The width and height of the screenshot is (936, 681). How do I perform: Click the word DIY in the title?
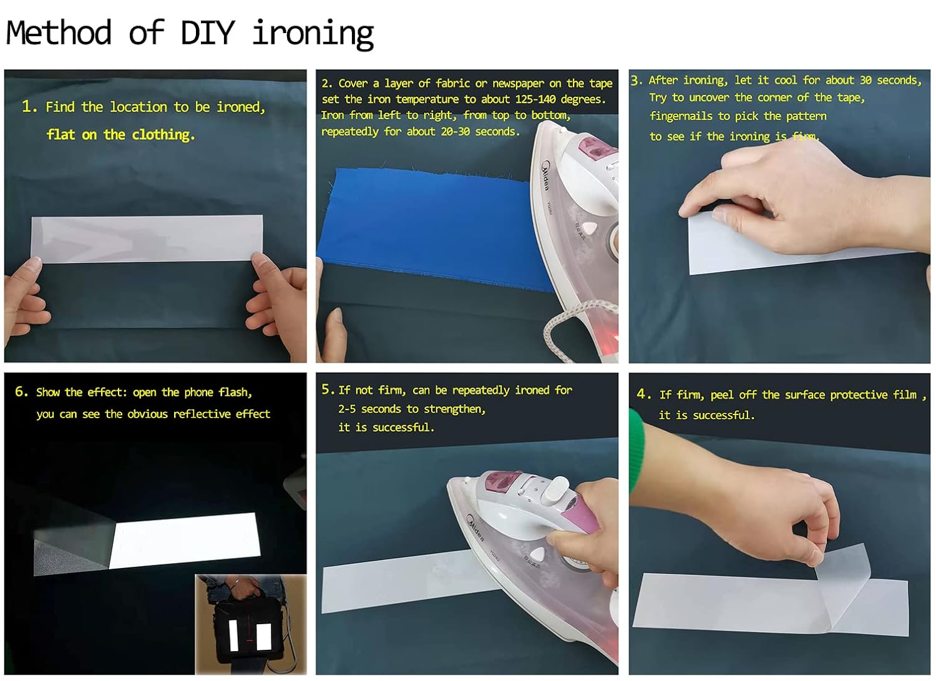click(208, 32)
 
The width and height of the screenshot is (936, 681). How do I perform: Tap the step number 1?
click(27, 106)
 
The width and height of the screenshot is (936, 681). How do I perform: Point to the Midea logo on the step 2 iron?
click(546, 175)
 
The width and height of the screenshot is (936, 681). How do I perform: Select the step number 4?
click(642, 394)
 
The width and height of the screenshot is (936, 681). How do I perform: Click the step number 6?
click(21, 391)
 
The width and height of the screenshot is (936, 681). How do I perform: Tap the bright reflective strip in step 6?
click(185, 540)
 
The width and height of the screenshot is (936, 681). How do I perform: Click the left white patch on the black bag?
click(233, 637)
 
